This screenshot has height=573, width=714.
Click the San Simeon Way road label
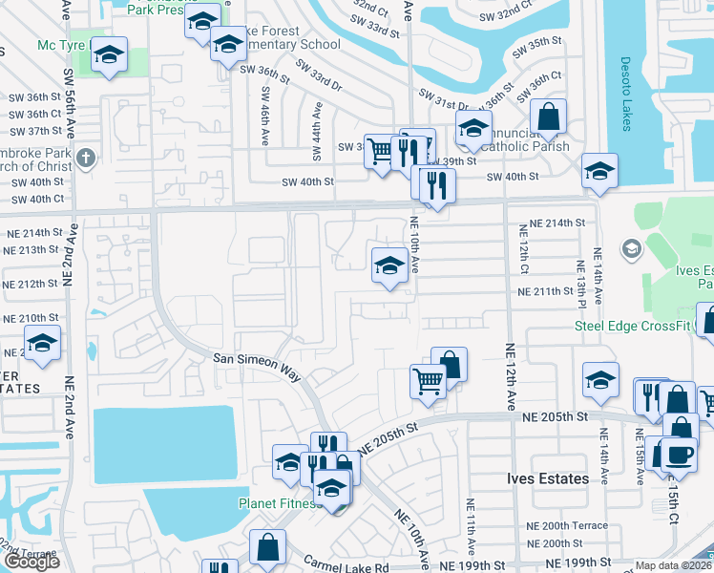coord(256,366)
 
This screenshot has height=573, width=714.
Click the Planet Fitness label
coord(278,503)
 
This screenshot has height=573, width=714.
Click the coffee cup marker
coord(680,454)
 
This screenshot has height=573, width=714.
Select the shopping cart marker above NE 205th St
coord(428,380)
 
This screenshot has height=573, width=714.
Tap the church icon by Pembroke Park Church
coord(86,157)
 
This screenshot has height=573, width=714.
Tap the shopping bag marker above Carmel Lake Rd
coord(267,546)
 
